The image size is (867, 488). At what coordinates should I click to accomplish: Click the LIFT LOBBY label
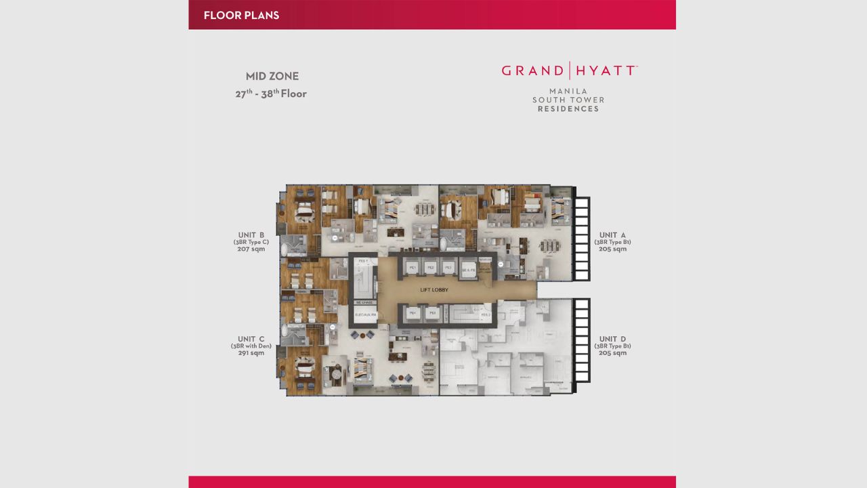tap(433, 290)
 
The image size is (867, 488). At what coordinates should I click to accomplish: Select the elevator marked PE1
tap(412, 268)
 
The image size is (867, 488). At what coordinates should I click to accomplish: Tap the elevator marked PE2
tap(430, 268)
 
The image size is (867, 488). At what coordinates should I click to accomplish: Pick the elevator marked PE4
tap(412, 314)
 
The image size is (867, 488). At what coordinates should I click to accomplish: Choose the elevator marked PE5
tap(430, 314)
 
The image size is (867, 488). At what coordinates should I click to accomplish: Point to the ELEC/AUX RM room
tap(364, 314)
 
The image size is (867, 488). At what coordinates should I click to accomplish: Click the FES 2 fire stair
tap(484, 314)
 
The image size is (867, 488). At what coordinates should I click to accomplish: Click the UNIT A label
tap(612, 235)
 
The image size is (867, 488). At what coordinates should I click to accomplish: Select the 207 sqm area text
tap(251, 249)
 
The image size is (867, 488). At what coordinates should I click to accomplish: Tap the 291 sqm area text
tap(251, 353)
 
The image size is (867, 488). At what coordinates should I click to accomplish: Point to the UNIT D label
tap(612, 339)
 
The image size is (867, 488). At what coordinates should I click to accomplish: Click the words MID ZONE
tap(272, 77)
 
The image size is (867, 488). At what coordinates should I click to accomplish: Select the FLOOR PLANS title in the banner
tap(241, 15)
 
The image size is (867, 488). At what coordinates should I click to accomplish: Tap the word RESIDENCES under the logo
tap(568, 109)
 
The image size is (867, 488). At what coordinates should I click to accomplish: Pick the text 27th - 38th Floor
tap(271, 94)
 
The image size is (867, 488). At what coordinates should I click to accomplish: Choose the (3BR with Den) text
tap(251, 346)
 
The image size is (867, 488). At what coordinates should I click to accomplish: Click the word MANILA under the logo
tap(568, 91)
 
